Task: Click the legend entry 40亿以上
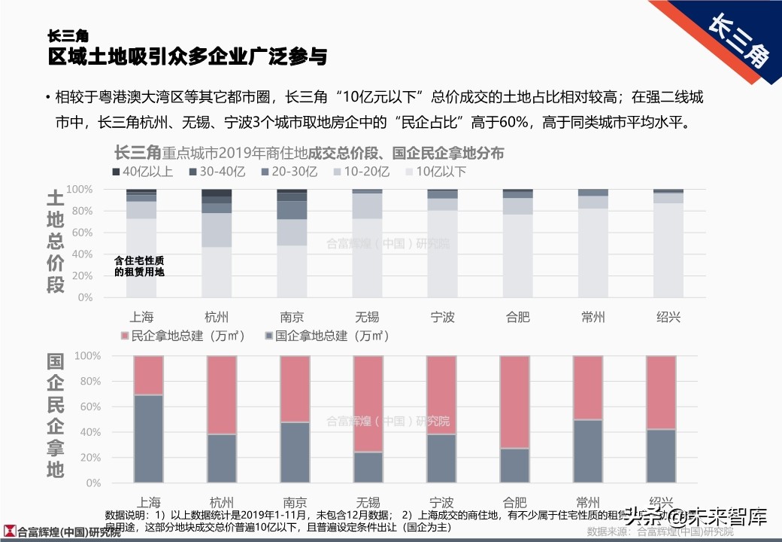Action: click(x=142, y=172)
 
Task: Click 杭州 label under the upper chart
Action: click(x=217, y=317)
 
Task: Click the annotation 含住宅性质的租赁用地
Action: click(x=139, y=266)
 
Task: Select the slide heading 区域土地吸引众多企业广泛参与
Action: click(x=187, y=56)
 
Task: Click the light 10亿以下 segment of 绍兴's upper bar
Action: click(x=668, y=248)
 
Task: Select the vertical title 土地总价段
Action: click(x=56, y=241)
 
